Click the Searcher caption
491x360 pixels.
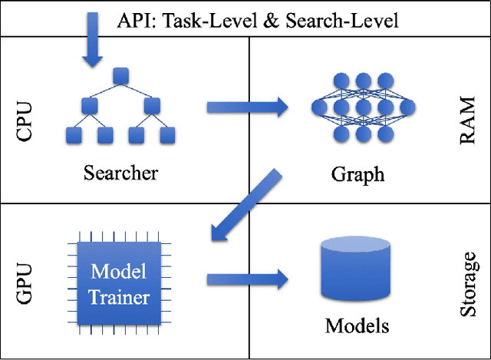coord(120,172)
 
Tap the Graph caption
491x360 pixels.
coord(358,173)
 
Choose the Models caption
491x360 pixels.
coord(357,325)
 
